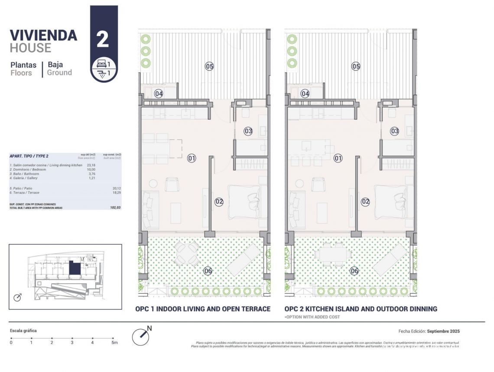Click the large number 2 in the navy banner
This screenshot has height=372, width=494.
point(103,39)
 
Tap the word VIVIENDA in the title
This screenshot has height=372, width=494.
point(43,35)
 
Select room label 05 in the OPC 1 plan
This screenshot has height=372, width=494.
point(209,66)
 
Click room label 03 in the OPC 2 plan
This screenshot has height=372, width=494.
point(394,131)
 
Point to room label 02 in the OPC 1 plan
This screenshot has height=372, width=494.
point(219,201)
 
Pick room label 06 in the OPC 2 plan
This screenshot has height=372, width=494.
point(354,271)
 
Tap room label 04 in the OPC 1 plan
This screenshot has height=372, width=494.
point(159,93)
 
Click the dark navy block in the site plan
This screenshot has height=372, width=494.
point(75,268)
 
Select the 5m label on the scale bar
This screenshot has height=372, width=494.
point(114,343)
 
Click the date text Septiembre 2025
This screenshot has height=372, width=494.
point(443,331)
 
